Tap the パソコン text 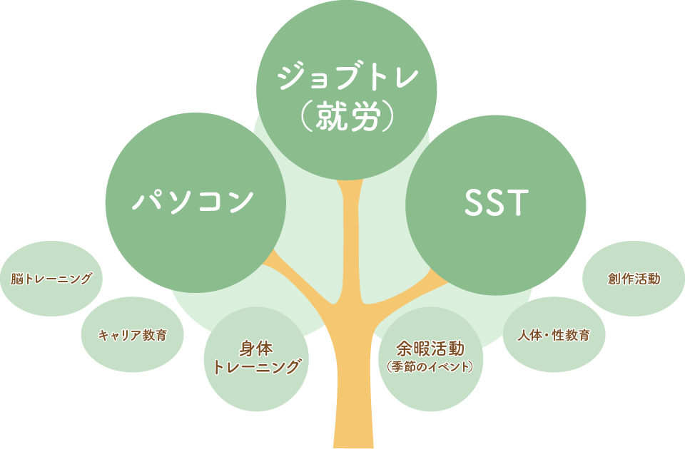point(193,200)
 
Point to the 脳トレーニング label point(52,279)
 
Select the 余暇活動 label point(430,349)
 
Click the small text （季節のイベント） point(430,367)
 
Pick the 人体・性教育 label point(554,335)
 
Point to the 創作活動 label point(634,278)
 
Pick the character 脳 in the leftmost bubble point(16,279)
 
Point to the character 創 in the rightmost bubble point(614,278)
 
